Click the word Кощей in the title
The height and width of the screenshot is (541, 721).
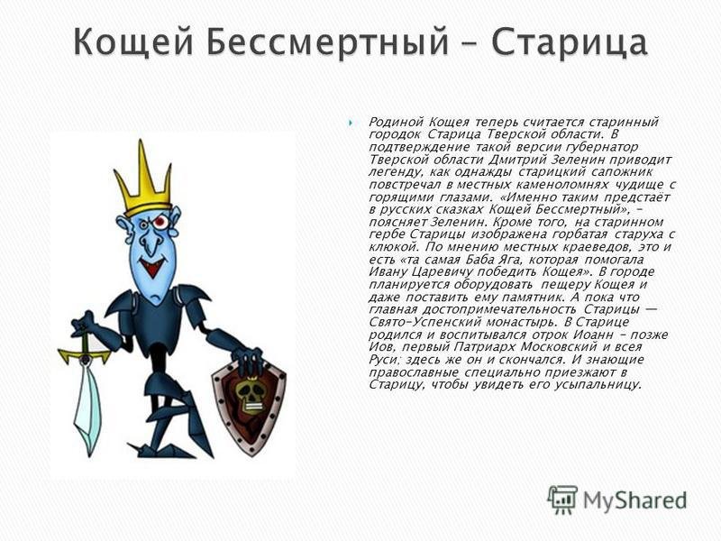(132, 42)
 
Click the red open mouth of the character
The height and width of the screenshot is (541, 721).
(151, 266)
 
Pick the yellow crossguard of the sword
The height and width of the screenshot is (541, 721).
(85, 354)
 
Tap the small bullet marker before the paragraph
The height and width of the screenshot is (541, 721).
(351, 123)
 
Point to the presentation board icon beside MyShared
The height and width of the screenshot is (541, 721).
(562, 500)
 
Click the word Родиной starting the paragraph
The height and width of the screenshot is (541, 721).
(396, 123)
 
